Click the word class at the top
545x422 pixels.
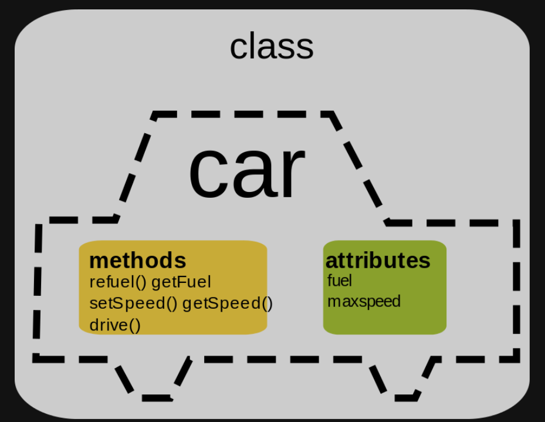point(272,47)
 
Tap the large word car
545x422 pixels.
point(246,170)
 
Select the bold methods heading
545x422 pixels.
point(137,260)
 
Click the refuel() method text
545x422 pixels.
point(117,282)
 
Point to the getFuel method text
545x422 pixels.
point(181,282)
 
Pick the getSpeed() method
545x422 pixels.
point(228,303)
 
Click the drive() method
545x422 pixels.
point(115,325)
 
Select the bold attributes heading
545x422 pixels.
point(377,260)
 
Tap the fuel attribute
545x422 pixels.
point(340,281)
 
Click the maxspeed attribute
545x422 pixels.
point(364,302)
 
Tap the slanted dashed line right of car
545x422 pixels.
point(359,167)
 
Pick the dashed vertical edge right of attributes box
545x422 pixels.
point(516,288)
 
